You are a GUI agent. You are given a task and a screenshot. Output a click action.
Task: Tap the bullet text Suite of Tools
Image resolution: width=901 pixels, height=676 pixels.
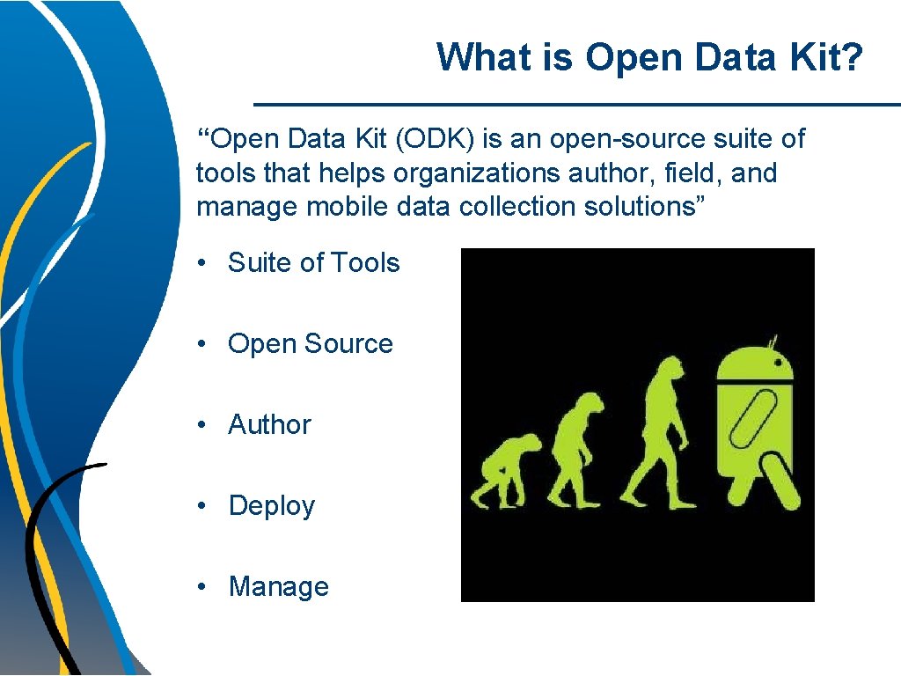(313, 262)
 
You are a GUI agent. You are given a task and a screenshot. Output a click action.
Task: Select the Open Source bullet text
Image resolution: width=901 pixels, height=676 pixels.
(310, 343)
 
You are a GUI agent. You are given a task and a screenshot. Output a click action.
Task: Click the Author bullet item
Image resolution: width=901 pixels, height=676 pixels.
(269, 424)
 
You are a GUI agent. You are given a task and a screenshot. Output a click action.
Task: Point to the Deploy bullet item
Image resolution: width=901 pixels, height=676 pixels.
(271, 505)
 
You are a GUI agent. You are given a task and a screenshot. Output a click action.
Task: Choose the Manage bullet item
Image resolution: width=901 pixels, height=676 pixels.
(278, 586)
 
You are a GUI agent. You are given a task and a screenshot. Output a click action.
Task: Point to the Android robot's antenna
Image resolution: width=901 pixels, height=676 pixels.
(773, 340)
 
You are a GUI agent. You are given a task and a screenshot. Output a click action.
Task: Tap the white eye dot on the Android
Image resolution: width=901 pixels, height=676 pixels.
(777, 362)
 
